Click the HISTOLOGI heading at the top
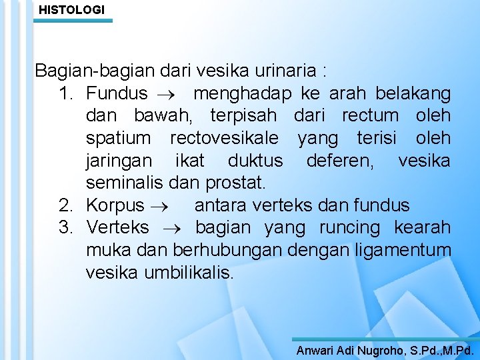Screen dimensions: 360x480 pos(71,10)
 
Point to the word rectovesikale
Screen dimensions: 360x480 pos(225,138)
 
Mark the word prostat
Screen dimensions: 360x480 pos(235,182)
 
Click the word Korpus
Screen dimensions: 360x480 pos(115,205)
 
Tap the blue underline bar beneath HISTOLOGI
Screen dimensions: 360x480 pos(73,21)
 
